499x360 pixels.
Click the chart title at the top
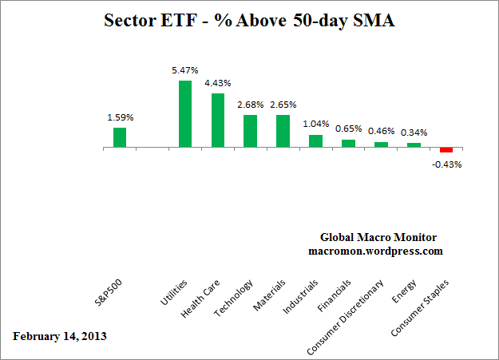pyautogui.click(x=249, y=20)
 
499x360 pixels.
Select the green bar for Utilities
pyautogui.click(x=185, y=114)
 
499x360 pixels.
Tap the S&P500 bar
pyautogui.click(x=120, y=137)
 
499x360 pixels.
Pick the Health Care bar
pyautogui.click(x=218, y=121)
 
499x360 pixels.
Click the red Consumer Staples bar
pyautogui.click(x=446, y=151)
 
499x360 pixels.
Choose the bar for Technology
pyautogui.click(x=250, y=132)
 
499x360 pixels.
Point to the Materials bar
pyautogui.click(x=283, y=132)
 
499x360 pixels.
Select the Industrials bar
pyautogui.click(x=315, y=141)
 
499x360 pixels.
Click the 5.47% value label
pyautogui.click(x=185, y=71)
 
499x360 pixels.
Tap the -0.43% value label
pyautogui.click(x=448, y=164)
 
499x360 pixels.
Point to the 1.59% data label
pyautogui.click(x=121, y=117)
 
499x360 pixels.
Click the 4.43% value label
pyautogui.click(x=218, y=84)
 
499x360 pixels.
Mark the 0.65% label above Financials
pyautogui.click(x=349, y=129)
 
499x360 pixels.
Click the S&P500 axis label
pyautogui.click(x=109, y=293)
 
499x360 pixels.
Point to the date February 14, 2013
pyautogui.click(x=60, y=336)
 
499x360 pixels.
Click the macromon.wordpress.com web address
pyautogui.click(x=375, y=251)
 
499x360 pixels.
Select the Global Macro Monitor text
pyautogui.click(x=378, y=238)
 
